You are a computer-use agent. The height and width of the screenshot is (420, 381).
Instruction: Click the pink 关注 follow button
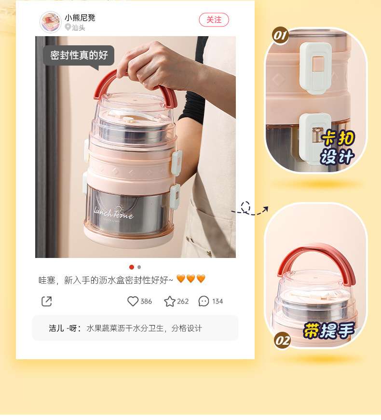[x=214, y=20]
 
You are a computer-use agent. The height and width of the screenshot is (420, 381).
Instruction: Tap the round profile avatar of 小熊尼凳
[x=50, y=22]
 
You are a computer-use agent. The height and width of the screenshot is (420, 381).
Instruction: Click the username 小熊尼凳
[x=80, y=18]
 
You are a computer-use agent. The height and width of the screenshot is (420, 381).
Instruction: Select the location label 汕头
[x=75, y=27]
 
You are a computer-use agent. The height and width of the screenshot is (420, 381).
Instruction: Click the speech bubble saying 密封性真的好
[x=79, y=55]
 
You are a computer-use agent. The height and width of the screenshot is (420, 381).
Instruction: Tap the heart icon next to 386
[x=133, y=301]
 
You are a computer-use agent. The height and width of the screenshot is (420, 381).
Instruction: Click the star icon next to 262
[x=170, y=301]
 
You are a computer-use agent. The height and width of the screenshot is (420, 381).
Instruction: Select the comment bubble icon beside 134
[x=204, y=301]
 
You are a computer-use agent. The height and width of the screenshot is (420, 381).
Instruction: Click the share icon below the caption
[x=47, y=301]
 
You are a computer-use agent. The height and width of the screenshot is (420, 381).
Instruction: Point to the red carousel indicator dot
[x=132, y=267]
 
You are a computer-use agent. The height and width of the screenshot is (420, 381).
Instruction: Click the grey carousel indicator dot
[x=139, y=267]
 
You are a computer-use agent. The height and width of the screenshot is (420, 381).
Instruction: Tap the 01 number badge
[x=281, y=36]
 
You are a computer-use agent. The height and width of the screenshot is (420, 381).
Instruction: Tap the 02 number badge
[x=283, y=340]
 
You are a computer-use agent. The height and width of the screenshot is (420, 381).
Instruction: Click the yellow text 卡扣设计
[x=338, y=147]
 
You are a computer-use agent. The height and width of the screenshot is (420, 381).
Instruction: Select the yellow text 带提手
[x=329, y=330]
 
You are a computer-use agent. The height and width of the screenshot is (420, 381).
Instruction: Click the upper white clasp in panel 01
[x=315, y=68]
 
